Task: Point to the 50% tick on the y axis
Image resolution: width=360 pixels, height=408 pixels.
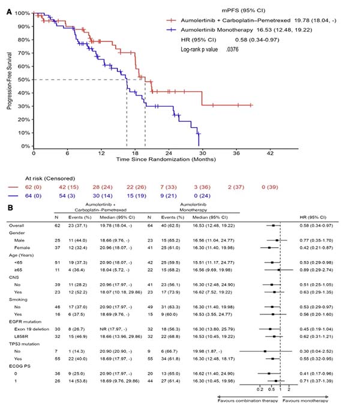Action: click(x=24, y=79)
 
